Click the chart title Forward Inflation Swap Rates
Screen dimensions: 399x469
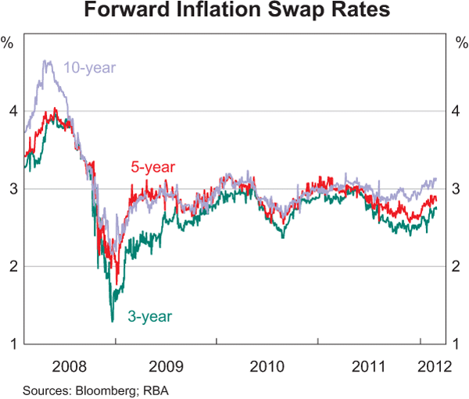coord(234,12)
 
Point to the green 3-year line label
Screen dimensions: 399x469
coord(149,316)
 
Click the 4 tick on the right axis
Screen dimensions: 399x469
coord(457,112)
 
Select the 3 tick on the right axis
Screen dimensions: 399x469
coord(457,189)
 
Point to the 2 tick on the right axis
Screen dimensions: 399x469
coord(457,266)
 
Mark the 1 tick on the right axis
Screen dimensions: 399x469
coord(457,344)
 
